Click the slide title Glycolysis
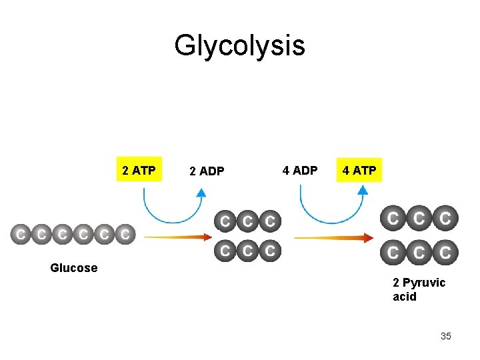(239, 46)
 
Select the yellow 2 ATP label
(139, 171)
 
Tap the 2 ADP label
(207, 171)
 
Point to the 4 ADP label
(300, 171)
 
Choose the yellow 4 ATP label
(359, 171)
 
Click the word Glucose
(73, 268)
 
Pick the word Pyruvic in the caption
(424, 283)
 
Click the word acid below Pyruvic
(405, 297)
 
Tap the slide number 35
(446, 336)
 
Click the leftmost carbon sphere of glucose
(21, 235)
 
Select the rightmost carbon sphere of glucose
(125, 235)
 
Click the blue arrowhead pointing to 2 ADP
(201, 192)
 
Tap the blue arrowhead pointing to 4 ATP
(362, 189)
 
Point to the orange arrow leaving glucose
(177, 237)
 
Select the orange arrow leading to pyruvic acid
(333, 237)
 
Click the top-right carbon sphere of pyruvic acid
(445, 218)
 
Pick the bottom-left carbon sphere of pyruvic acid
(393, 253)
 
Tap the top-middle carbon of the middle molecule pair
(247, 221)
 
